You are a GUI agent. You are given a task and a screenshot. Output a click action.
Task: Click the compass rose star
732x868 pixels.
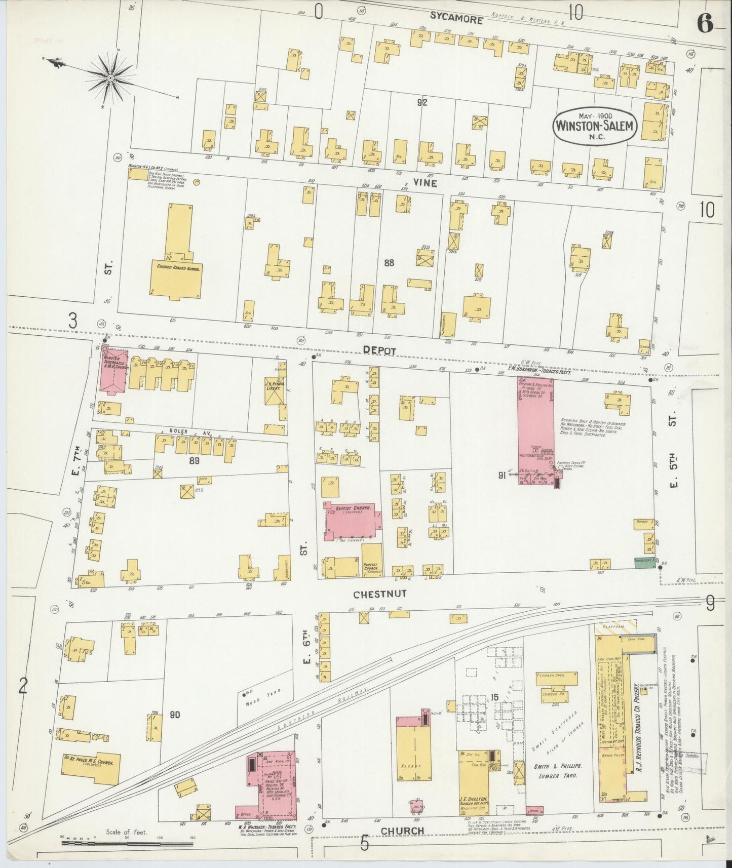coord(110,77)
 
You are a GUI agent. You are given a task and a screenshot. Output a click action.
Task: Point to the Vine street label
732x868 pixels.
coord(425,184)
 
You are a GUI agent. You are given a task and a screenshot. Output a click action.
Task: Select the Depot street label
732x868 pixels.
coord(379,350)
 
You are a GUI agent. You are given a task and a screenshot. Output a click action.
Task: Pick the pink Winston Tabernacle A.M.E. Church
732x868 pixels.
coord(114,370)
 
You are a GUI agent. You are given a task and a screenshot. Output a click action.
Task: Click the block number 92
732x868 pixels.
coord(422,102)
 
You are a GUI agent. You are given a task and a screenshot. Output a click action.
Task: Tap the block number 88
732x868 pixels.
coord(389,263)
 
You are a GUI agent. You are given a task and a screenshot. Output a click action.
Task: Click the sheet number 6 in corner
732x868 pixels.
coord(704,23)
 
